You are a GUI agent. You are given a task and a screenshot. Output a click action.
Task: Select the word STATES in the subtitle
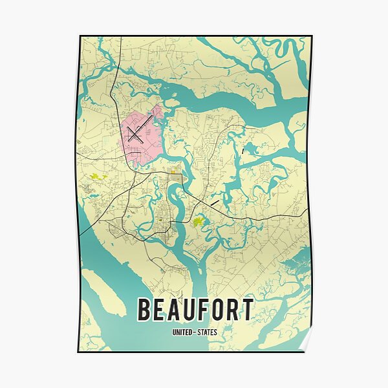point(207,332)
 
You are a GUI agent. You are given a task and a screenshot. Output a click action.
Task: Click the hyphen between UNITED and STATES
point(195,332)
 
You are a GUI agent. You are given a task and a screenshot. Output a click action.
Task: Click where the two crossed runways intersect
point(135,135)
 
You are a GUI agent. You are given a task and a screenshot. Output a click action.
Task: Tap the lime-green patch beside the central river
point(199,222)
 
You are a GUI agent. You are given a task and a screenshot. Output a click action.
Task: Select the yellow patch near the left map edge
point(98,177)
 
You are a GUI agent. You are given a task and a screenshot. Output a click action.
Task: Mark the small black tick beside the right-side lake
point(242,151)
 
